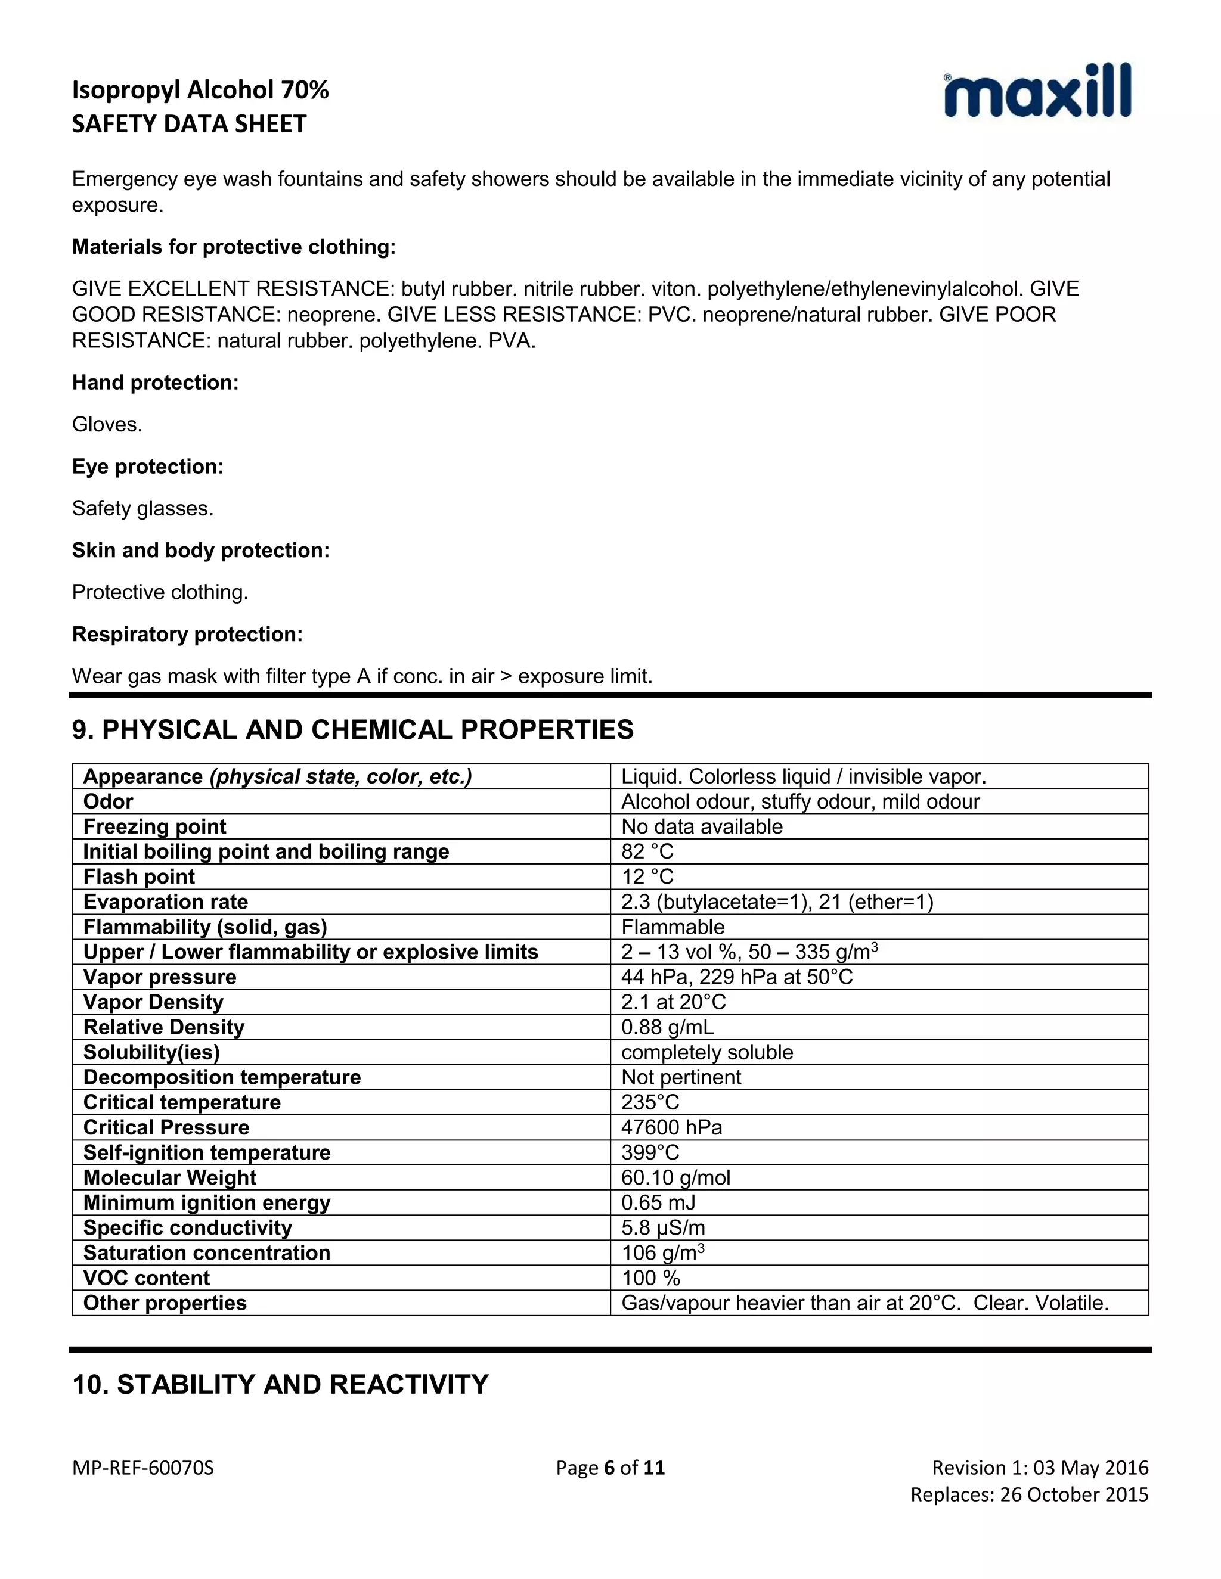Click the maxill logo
1037,91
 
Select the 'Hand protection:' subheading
155,383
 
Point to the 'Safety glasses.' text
142,508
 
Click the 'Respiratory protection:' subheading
187,634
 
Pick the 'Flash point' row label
139,876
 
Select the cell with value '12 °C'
647,876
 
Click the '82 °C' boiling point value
647,851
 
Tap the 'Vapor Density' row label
153,1002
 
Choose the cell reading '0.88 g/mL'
668,1027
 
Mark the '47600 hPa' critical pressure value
671,1127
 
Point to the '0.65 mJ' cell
658,1202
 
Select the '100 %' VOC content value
651,1278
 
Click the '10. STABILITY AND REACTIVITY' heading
281,1384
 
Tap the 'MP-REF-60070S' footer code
143,1468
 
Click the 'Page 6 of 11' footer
610,1468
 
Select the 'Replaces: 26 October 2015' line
1028,1494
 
